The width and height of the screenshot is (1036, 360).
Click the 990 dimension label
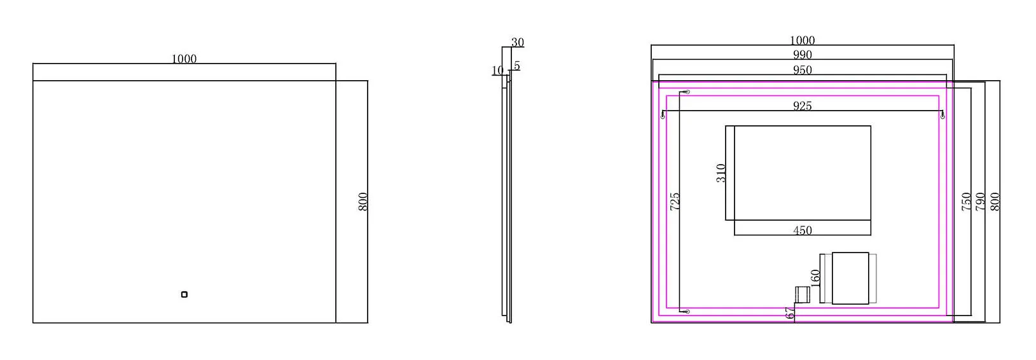point(803,55)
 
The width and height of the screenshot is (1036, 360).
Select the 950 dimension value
point(803,70)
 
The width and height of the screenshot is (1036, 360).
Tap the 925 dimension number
point(803,106)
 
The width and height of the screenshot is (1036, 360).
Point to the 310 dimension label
point(721,173)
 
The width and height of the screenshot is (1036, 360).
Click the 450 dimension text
point(803,230)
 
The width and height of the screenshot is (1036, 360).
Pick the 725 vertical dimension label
point(675,202)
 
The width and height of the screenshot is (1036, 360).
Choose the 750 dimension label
point(966,202)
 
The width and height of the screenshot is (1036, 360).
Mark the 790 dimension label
point(980,202)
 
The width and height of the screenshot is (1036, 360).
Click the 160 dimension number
point(815,277)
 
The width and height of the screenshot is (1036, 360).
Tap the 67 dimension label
point(790,314)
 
